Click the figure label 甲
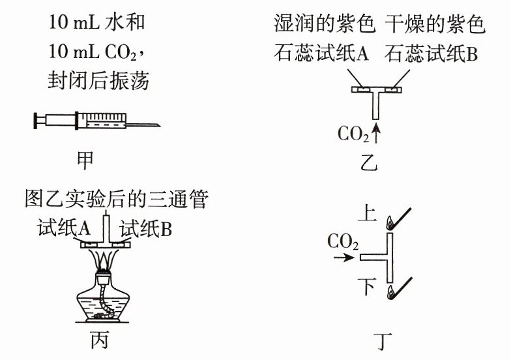[x=85, y=160]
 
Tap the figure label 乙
[x=369, y=162]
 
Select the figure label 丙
[x=99, y=340]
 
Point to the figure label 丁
[x=383, y=341]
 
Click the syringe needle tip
[x=160, y=125]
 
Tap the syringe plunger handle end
[x=35, y=120]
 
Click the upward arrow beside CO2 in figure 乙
[x=376, y=133]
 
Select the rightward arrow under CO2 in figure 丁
[x=344, y=258]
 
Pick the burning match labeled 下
[x=400, y=288]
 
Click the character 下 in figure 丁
[x=368, y=287]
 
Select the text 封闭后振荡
[x=98, y=80]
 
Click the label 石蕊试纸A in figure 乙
[x=321, y=53]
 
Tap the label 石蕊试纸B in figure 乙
[x=431, y=53]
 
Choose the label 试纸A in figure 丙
[x=64, y=228]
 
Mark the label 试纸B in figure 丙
[x=146, y=228]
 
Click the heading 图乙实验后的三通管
[x=116, y=198]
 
